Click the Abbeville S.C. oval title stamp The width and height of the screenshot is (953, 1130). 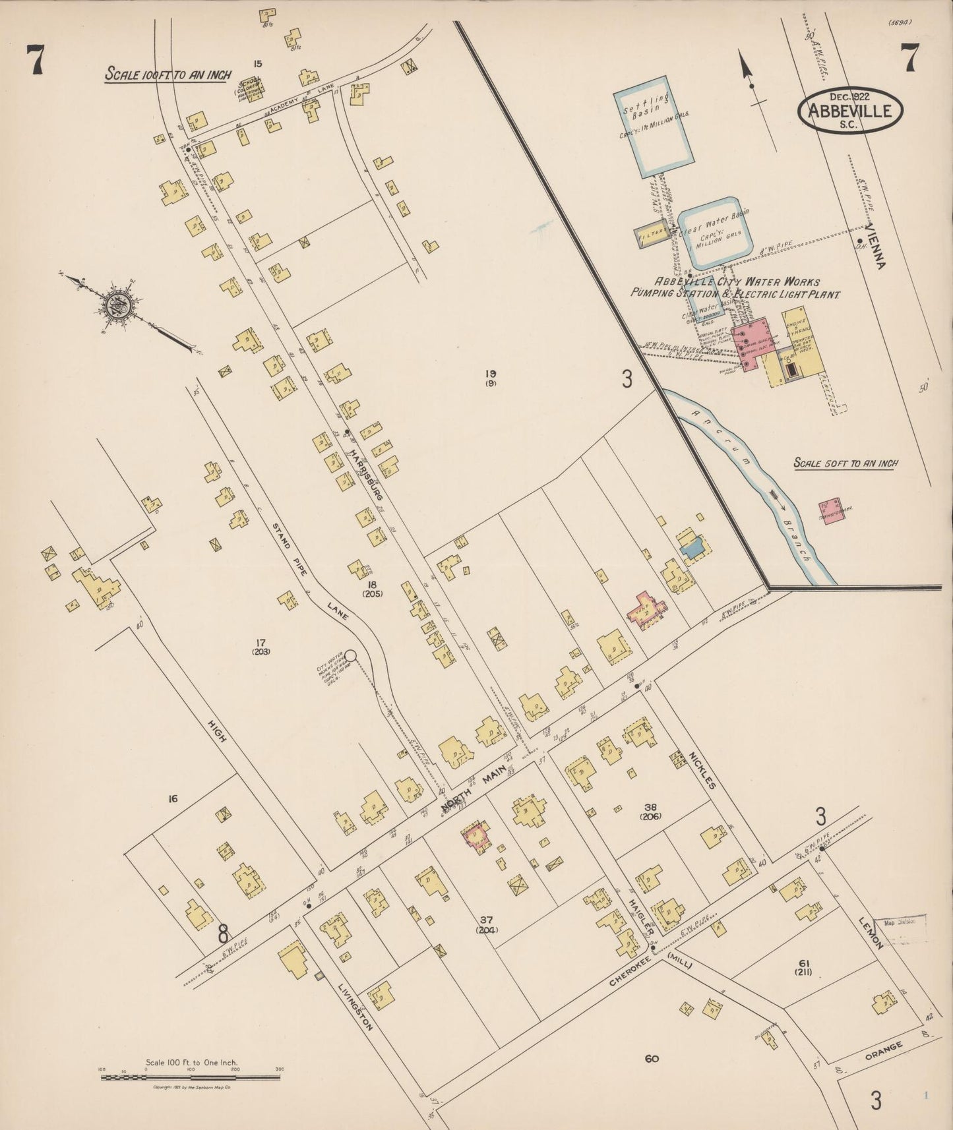(x=849, y=111)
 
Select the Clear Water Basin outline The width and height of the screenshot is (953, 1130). (x=715, y=233)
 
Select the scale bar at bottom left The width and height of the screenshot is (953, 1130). (x=191, y=1077)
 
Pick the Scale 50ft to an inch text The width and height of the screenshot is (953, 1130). (x=845, y=463)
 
